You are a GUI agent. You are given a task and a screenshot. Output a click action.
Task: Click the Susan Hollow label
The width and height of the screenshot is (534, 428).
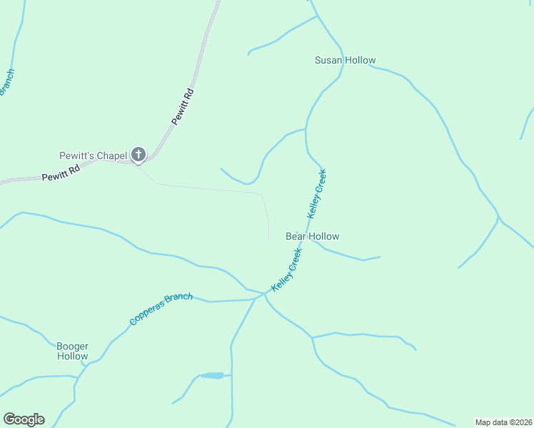coord(345,61)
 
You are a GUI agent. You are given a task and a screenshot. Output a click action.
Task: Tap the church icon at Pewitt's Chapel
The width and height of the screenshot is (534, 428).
coord(138,154)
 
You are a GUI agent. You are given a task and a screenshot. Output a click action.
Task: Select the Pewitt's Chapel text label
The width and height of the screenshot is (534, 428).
coord(93,156)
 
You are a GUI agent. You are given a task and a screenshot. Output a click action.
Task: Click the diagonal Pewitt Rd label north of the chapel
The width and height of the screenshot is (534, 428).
coord(183,107)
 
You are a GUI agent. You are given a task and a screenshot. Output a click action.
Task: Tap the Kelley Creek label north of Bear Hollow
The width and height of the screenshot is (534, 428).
coord(317,193)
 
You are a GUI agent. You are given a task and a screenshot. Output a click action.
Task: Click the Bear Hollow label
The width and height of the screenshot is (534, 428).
coord(312,236)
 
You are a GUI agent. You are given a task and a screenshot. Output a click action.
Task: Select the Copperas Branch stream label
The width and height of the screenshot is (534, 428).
coord(161,309)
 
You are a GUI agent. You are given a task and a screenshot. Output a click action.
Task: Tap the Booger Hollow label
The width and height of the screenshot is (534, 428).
coord(73,350)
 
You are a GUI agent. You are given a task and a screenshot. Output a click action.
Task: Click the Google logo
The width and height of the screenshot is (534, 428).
coord(24,419)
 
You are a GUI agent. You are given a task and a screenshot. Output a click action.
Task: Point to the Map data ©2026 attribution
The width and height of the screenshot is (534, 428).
coord(503,422)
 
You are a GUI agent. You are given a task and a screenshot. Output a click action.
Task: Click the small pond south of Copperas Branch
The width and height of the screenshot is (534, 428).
coord(213,375)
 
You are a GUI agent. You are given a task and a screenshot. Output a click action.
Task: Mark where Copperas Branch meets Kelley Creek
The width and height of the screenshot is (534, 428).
coord(265,293)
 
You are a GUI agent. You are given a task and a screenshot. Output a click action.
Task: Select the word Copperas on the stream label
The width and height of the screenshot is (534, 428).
coord(146,315)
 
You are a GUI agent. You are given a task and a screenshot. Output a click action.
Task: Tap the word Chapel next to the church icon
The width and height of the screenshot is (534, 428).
coord(112,156)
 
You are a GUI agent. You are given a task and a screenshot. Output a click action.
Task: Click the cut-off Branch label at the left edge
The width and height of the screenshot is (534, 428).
coord(6,84)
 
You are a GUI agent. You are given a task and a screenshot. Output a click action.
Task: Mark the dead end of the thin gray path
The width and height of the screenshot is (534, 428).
coord(268,240)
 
